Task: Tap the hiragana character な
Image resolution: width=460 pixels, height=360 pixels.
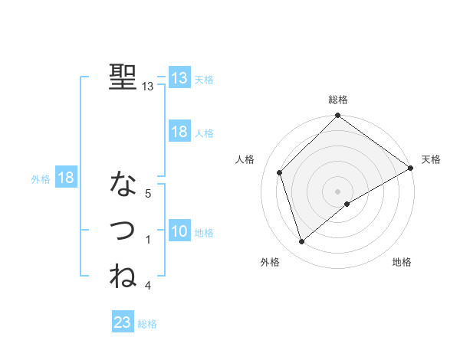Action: coord(123,184)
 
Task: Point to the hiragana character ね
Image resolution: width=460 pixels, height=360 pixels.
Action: coord(123,275)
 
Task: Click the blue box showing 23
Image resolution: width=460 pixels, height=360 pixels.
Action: coord(123,322)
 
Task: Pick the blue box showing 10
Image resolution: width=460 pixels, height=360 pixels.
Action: coord(179,232)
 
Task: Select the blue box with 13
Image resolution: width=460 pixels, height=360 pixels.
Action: coord(179,78)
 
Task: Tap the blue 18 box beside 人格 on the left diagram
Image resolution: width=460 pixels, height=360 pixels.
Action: coord(179,132)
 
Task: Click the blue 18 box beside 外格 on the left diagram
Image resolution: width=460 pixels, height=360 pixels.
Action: coord(66,178)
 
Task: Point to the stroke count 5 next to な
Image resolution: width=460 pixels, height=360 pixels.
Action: coord(148,194)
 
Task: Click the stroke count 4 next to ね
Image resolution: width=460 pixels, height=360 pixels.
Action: coord(148,286)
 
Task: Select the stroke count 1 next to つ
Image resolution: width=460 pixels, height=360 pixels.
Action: coord(148,240)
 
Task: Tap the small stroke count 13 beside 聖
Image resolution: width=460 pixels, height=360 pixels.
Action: coord(148,87)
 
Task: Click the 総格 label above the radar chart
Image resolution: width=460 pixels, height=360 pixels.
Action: coord(338,100)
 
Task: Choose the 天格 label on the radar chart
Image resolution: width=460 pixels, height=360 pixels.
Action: coord(431,159)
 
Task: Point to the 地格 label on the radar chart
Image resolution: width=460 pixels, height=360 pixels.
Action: coord(402,262)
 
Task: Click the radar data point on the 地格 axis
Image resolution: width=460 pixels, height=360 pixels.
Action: coord(347,204)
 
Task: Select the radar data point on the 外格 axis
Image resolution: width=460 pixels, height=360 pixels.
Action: coord(302,242)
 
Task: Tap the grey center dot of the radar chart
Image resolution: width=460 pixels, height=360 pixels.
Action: coord(338,191)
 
